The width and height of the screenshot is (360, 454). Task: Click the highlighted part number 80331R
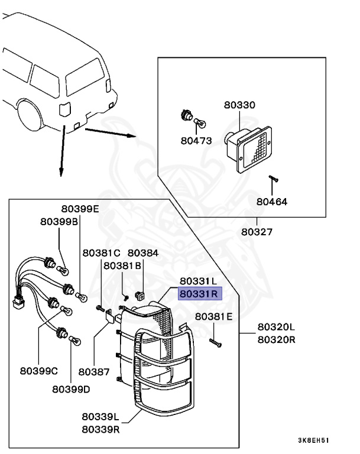point(199,291)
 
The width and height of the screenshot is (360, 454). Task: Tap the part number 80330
point(239,105)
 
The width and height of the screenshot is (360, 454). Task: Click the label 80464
point(271,201)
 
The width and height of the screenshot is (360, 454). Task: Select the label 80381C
point(102,252)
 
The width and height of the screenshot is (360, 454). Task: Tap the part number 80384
point(143,252)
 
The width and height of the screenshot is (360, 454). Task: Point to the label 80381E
point(214,316)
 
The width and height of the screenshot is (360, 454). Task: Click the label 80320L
point(276,327)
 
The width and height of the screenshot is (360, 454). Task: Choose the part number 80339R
point(100,429)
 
